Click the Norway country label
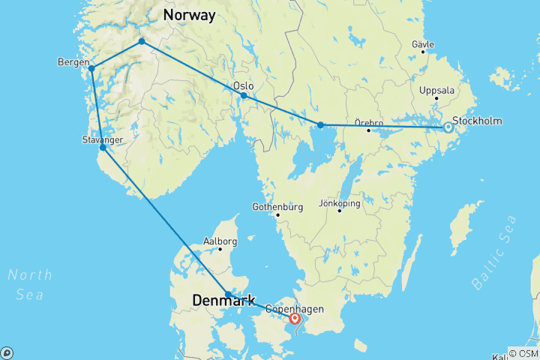(x=190, y=15)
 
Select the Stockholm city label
(x=477, y=120)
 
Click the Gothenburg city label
(x=277, y=206)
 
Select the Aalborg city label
(x=220, y=241)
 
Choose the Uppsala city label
(x=437, y=91)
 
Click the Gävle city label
(x=423, y=45)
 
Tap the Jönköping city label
(x=339, y=203)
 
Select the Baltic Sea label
(x=495, y=252)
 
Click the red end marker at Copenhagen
(x=295, y=319)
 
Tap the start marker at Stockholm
(x=448, y=127)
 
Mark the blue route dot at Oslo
(x=244, y=96)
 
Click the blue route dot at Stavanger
(x=103, y=148)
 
